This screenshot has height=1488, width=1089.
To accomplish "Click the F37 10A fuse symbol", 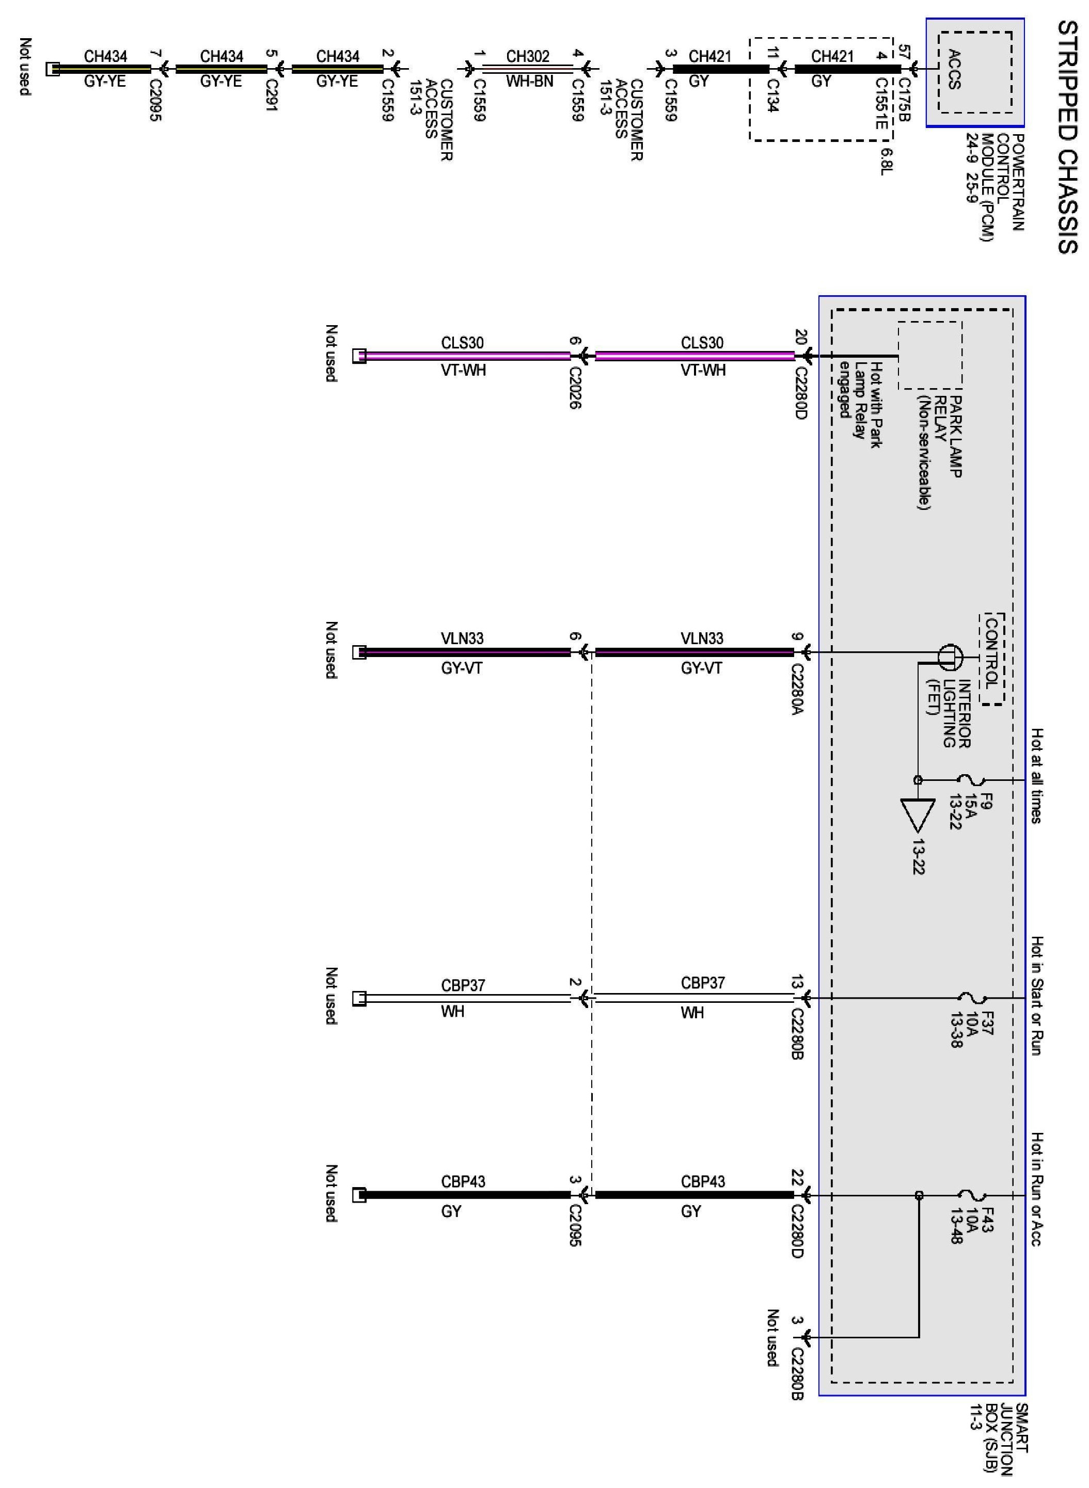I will click(x=970, y=998).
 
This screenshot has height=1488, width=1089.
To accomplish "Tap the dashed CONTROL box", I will click(x=991, y=659).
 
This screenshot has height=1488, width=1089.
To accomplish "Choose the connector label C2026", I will click(x=574, y=388).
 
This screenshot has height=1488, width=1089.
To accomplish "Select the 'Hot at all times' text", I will click(x=1037, y=776).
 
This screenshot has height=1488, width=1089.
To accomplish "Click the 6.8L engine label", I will click(x=886, y=161).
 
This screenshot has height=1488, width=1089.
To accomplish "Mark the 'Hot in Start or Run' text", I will click(x=1037, y=995).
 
